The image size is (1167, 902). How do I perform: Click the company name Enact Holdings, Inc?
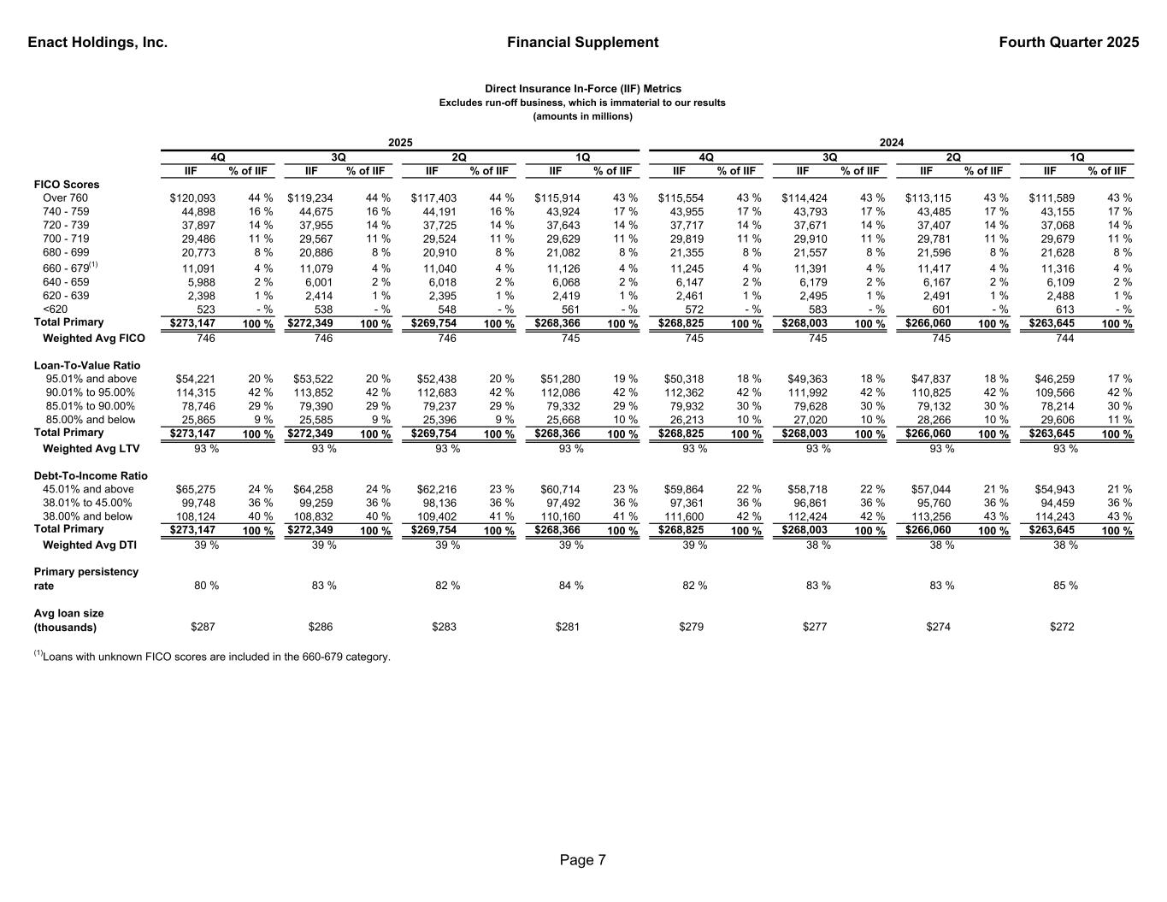tap(97, 43)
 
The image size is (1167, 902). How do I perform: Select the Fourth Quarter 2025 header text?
tap(1068, 43)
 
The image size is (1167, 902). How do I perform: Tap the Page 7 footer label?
tap(583, 860)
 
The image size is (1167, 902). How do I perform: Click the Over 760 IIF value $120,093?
tap(193, 198)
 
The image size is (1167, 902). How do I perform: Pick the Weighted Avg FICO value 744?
tap(1064, 339)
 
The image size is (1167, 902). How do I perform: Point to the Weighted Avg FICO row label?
tap(94, 339)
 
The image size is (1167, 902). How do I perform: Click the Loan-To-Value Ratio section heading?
tap(87, 366)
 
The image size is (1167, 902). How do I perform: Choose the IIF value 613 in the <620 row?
tap(1064, 310)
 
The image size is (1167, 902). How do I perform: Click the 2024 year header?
tap(892, 143)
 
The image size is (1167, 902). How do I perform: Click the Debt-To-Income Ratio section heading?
tap(91, 476)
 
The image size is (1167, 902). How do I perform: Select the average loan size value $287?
tap(202, 627)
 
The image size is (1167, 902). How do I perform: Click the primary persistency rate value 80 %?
tap(206, 586)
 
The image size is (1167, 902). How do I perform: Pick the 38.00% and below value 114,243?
tap(1055, 517)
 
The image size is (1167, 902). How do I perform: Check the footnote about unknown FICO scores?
tap(213, 657)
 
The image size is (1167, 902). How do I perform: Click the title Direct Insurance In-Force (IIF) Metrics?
tap(583, 89)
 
